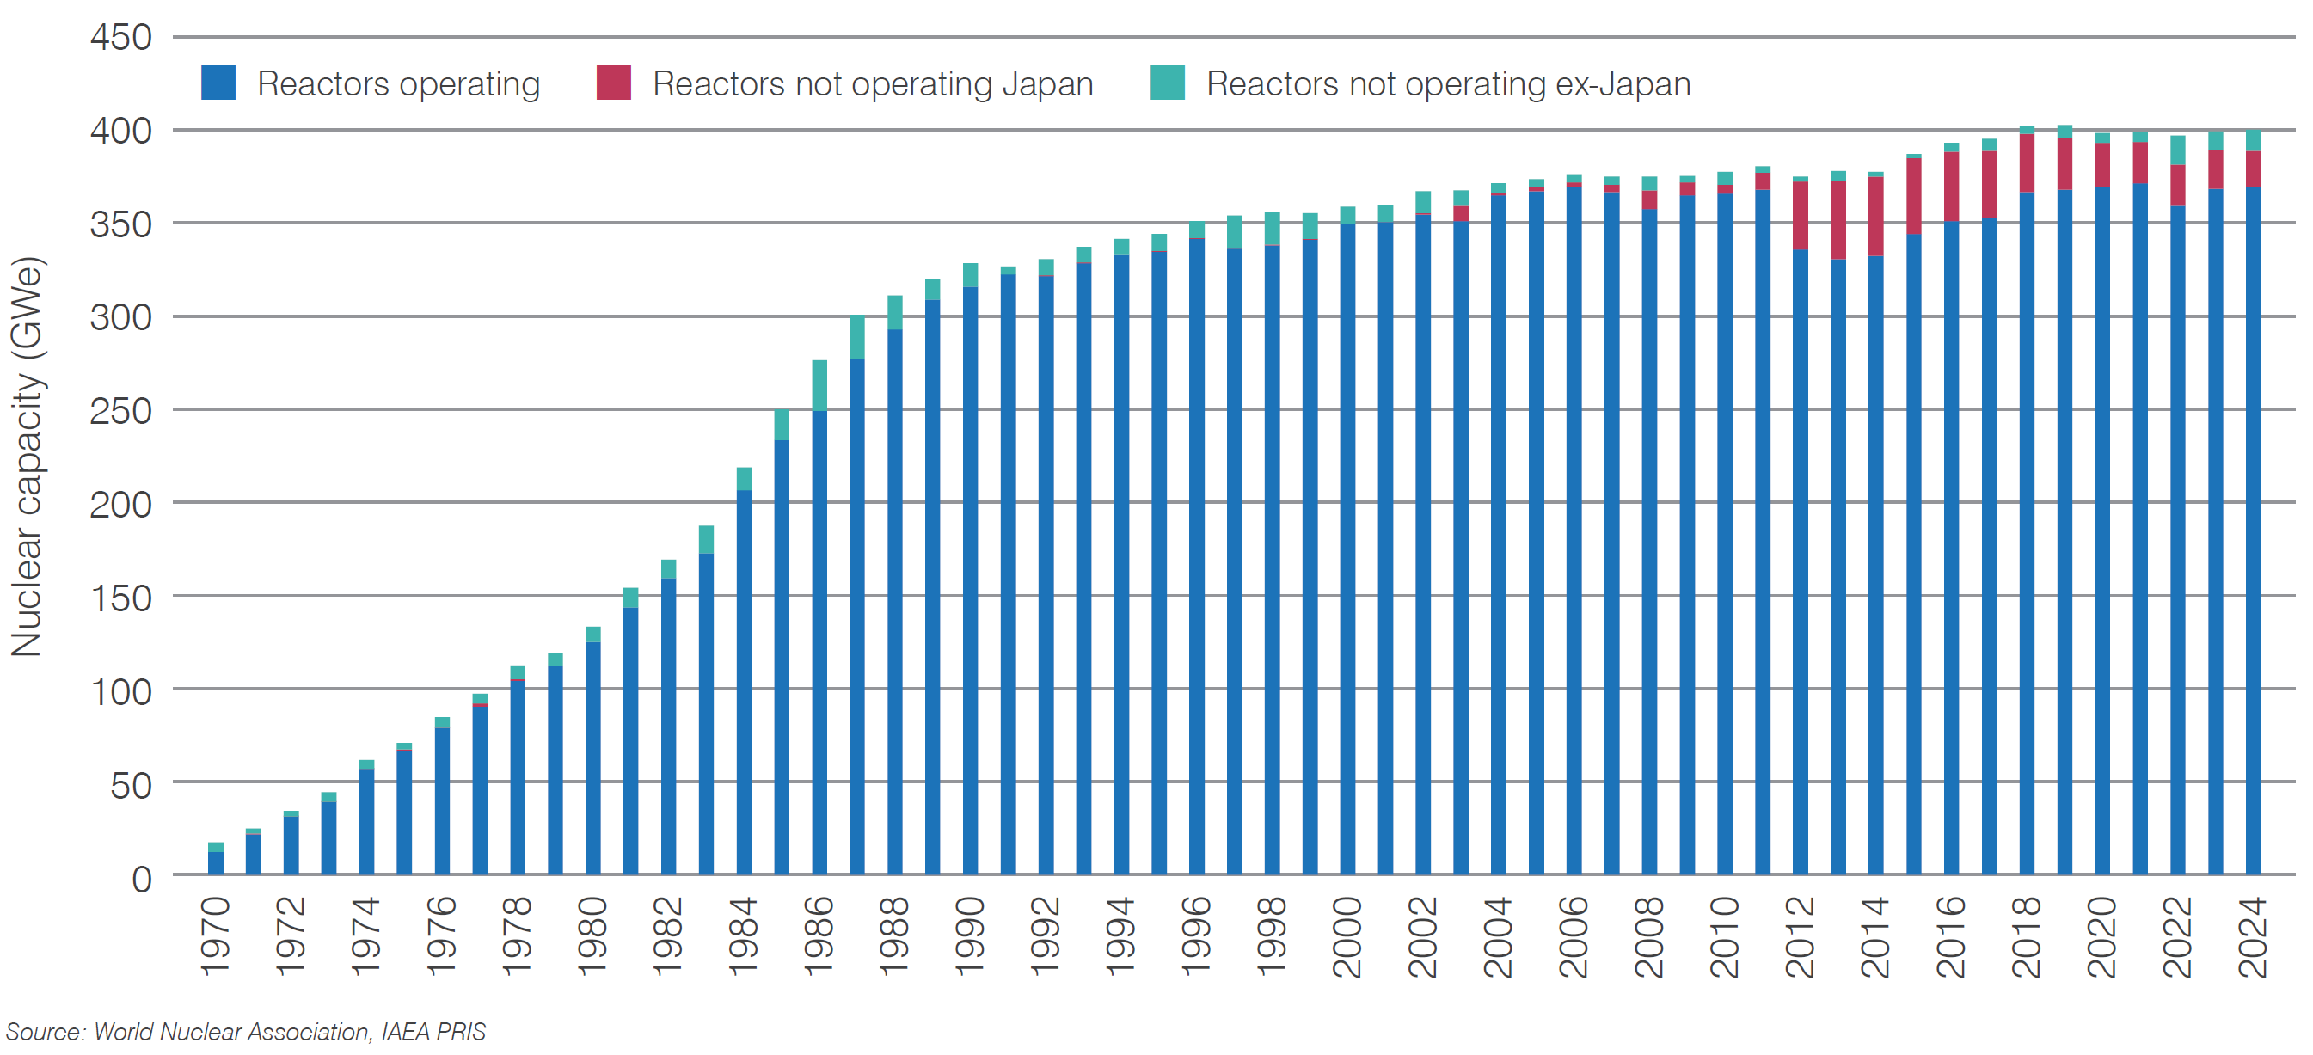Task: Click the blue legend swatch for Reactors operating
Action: click(218, 83)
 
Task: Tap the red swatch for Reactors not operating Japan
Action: click(613, 83)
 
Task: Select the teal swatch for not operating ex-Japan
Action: click(1168, 83)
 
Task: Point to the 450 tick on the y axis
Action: click(121, 38)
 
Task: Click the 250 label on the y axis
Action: click(121, 411)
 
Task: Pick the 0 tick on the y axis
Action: click(142, 878)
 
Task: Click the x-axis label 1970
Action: click(216, 936)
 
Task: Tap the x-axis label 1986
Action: click(819, 936)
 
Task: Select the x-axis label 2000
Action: click(1347, 936)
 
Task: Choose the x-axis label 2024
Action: click(2253, 936)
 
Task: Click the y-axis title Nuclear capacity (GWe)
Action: click(27, 458)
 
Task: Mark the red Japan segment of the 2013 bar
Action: click(1838, 220)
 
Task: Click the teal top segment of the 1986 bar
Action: click(819, 385)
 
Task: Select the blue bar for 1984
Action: click(744, 683)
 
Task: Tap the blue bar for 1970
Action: click(216, 863)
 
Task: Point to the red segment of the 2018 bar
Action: click(2027, 163)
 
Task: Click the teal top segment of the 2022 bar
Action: click(2177, 150)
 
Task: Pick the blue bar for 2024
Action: click(2253, 530)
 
